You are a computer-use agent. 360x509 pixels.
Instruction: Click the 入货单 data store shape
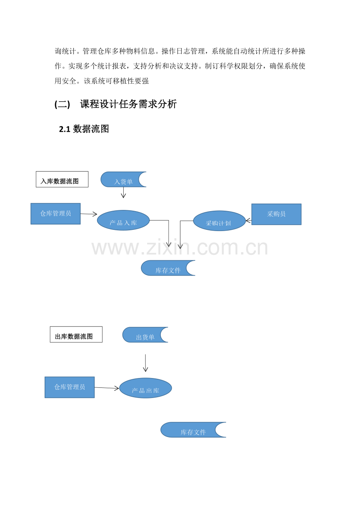pos(121,179)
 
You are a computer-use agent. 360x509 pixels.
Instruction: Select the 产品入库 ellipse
pos(123,220)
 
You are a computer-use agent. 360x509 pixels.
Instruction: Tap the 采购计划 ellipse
pos(220,221)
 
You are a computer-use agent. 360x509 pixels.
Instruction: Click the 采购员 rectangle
pos(276,214)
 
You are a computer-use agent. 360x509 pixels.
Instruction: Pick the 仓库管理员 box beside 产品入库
pos(56,214)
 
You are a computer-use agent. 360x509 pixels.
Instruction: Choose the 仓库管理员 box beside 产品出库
pos(70,387)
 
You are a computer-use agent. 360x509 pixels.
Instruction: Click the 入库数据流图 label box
pos(62,179)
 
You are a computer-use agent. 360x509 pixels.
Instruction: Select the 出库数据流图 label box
pos(76,335)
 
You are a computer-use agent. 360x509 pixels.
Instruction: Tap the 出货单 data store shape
pos(142,335)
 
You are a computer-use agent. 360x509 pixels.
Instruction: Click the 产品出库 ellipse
pos(146,388)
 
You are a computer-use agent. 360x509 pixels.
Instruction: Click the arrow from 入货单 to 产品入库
pos(123,192)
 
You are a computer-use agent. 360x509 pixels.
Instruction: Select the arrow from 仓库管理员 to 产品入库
pos(89,214)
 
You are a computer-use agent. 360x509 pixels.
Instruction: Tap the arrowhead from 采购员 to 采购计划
pos(248,220)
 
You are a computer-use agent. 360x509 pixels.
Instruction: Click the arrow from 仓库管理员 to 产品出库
pos(107,388)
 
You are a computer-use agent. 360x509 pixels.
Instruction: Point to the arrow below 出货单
pos(145,363)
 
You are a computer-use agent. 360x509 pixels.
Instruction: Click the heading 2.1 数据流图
pos(84,129)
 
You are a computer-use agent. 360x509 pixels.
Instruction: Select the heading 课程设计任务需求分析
pos(128,104)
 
